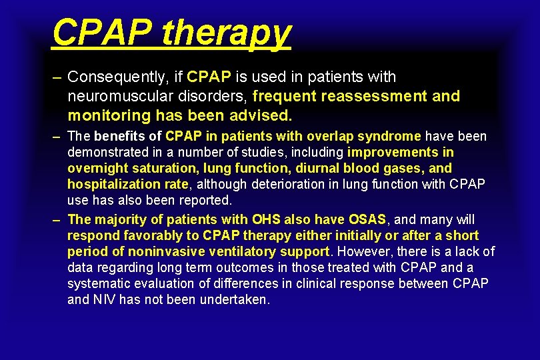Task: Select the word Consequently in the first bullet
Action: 118,77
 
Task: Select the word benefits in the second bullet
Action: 120,137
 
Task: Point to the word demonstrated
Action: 105,152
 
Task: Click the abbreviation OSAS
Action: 367,219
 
